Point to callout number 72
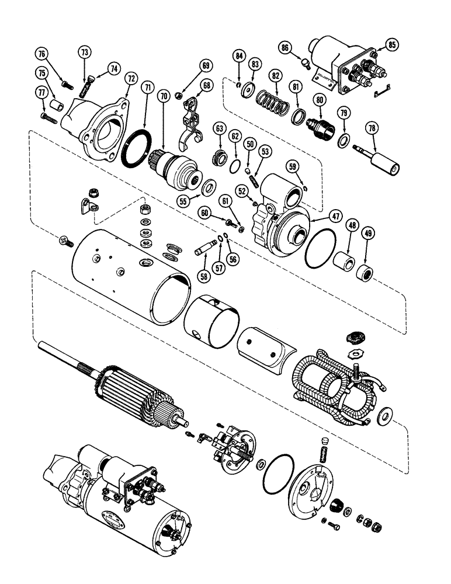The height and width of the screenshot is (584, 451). click(130, 77)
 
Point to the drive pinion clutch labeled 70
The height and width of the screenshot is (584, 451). click(172, 168)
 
